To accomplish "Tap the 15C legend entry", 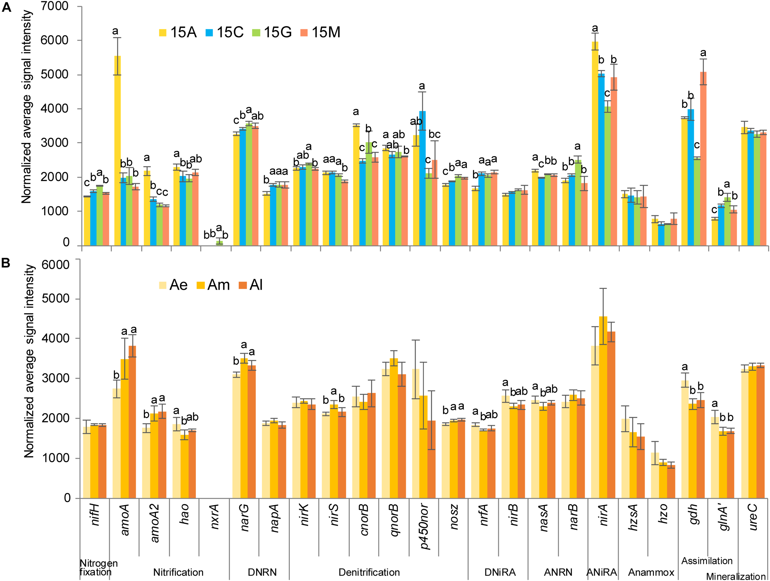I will coord(225,32).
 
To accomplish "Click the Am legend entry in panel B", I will coord(213,285).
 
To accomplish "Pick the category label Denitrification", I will coord(369,572).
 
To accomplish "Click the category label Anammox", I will coord(651,572).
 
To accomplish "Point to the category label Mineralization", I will coord(736,576).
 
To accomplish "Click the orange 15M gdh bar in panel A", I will coord(703,158).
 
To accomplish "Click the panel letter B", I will coord(6,263).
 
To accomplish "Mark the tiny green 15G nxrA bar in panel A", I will coord(219,243).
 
